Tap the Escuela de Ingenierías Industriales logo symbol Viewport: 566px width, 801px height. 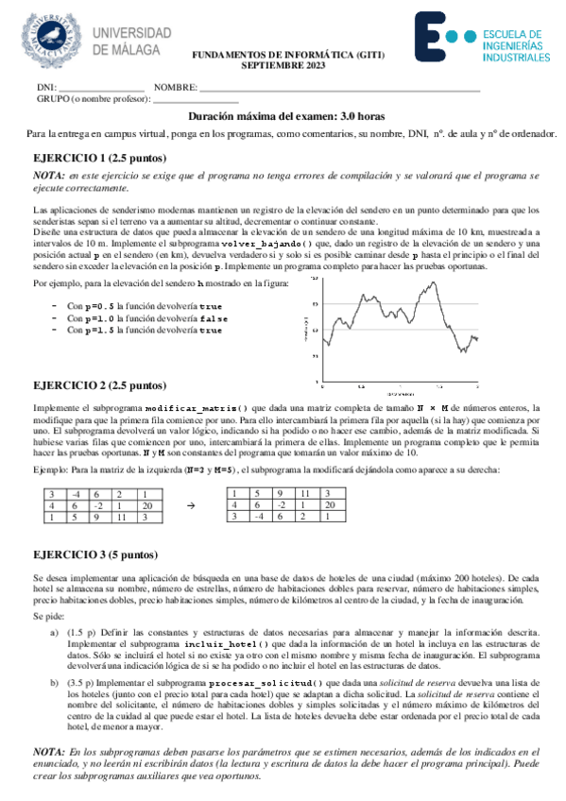[443, 38]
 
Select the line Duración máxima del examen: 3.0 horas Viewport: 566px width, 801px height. [283, 116]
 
